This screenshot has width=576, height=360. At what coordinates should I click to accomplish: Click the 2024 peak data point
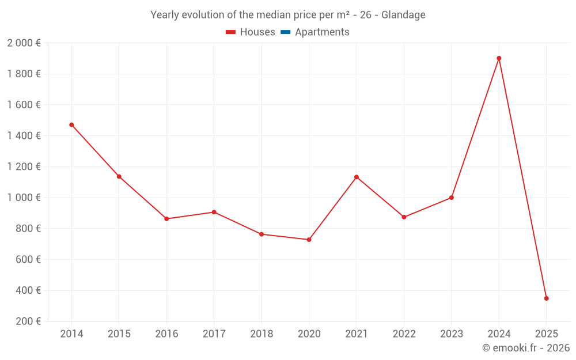coord(499,58)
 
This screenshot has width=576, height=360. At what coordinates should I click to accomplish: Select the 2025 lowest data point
coord(546,298)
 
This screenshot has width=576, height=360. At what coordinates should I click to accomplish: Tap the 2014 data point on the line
coord(71,124)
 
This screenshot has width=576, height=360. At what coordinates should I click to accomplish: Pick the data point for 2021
coord(357,177)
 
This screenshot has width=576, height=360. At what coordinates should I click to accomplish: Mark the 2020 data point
coord(309,240)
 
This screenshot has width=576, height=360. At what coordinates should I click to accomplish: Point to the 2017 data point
coord(214,212)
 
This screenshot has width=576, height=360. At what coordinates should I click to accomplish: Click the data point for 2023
coord(451,198)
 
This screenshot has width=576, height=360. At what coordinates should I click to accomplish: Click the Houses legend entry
coord(257,32)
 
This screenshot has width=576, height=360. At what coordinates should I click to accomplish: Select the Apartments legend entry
coord(322,32)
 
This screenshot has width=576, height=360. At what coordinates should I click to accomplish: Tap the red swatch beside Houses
coord(230,32)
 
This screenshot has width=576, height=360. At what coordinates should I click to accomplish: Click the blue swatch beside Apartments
coord(286,32)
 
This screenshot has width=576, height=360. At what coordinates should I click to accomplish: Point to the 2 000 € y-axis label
coord(24,43)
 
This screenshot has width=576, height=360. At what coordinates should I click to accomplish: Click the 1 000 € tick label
coord(24,198)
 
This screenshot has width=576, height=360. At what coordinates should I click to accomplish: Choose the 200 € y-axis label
coord(28,321)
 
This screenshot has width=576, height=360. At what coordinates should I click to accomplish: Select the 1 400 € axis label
coord(24,135)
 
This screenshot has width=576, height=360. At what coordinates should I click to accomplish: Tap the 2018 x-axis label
coord(262,334)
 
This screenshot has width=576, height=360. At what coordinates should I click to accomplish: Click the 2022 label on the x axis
coord(404,334)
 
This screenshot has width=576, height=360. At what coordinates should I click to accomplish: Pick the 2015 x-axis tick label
coord(119,334)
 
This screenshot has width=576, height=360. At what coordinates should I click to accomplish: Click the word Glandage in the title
coord(403,15)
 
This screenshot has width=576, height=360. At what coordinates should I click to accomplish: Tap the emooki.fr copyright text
coord(526,348)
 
